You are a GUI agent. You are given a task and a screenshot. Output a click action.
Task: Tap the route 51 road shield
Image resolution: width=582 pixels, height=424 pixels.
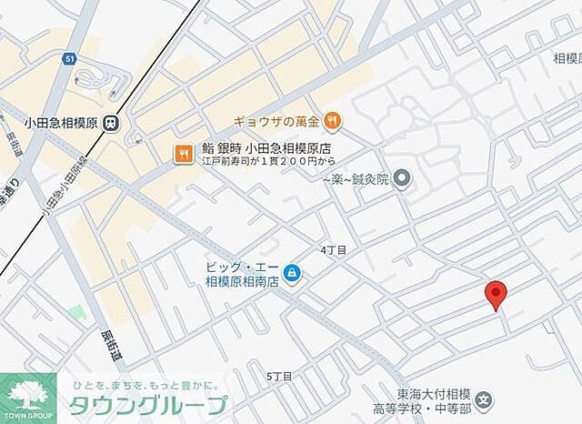[69, 59]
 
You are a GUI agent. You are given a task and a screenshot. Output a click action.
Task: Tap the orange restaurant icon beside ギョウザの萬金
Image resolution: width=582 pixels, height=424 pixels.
[334, 118]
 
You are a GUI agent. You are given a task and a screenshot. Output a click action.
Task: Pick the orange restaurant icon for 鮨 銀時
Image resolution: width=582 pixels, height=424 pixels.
[182, 154]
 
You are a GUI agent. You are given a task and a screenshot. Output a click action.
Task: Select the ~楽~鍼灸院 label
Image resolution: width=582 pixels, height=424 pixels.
[356, 179]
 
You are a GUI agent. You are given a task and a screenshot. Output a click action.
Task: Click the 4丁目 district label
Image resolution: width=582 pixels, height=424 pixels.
[333, 248]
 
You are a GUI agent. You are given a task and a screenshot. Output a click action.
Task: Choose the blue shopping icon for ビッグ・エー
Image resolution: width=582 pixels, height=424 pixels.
[292, 271]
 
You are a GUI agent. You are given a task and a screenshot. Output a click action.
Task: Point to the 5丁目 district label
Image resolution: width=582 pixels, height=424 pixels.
[280, 376]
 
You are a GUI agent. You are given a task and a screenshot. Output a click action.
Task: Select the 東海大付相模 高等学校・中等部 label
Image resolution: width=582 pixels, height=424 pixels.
[436, 400]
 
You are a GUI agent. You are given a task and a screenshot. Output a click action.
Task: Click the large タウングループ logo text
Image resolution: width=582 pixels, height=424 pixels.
[147, 405]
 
